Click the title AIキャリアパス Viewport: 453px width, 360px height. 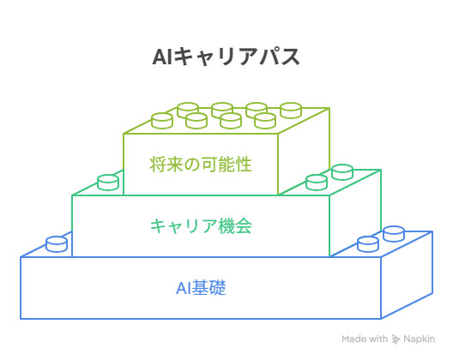coord(226,57)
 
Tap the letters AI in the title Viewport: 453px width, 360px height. coord(162,57)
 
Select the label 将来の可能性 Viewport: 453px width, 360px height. coord(201,165)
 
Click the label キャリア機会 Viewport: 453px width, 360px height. coord(201,225)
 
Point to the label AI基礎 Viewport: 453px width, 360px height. coord(201,287)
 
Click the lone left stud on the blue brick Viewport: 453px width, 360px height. coord(57,244)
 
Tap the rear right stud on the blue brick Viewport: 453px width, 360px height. coord(394,233)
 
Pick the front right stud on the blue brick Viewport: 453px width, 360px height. coord(368,244)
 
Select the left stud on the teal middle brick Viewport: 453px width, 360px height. coord(108,183)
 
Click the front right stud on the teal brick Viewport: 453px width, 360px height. coord(317,183)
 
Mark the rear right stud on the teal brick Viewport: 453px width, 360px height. coord(342,172)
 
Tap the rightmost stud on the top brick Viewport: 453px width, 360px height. coord(291,111)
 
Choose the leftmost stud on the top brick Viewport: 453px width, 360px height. coord(162,121)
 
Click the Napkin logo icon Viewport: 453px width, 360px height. coord(396,339)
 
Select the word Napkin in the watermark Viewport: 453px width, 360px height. coord(420,339)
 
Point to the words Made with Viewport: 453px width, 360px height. coord(365,339)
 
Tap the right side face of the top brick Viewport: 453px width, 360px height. coord(304,150)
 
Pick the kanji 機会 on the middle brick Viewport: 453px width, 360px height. coord(235,225)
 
